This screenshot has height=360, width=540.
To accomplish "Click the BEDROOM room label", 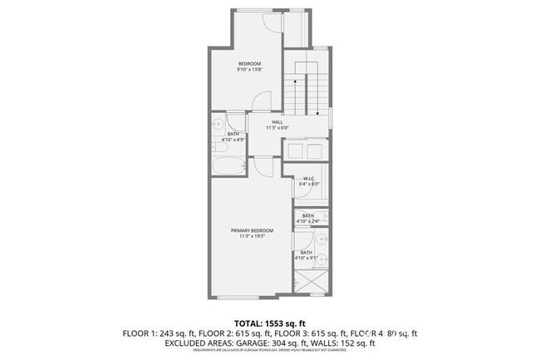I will [250, 64].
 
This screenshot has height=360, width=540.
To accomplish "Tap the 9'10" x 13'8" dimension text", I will [250, 71].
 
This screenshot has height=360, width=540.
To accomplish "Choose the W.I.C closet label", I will [307, 178].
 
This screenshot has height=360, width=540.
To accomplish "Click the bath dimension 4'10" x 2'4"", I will [307, 221].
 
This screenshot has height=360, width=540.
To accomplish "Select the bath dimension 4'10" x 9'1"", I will [307, 259].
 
